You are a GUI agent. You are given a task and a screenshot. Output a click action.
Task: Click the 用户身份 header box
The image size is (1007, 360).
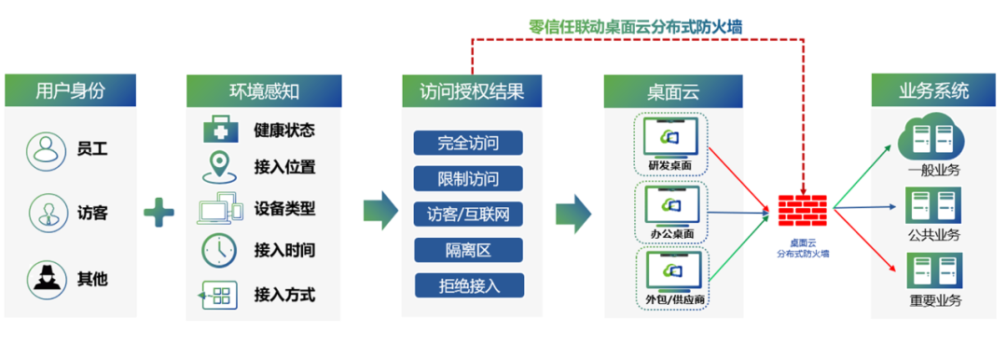tap(71, 90)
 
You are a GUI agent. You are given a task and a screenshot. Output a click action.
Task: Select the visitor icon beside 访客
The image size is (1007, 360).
tap(44, 213)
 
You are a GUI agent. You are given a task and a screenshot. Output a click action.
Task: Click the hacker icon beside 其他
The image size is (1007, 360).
tap(44, 278)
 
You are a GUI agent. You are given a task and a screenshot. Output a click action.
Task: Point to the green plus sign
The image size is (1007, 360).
tap(159, 214)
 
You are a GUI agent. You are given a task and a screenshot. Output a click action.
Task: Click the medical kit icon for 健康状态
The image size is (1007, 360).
tap(220, 131)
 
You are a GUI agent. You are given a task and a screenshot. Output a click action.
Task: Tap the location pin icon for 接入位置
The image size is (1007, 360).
tap(219, 167)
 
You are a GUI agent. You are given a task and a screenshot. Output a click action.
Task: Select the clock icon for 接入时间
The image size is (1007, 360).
tap(219, 250)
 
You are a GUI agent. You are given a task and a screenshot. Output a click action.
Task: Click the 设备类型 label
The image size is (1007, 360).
tap(284, 209)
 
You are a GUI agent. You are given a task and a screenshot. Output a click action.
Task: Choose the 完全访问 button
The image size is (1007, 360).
tap(468, 143)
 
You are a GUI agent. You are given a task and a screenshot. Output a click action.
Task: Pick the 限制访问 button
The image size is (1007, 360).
tap(468, 178)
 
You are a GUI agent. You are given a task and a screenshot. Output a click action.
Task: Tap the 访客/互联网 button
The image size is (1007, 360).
tap(468, 214)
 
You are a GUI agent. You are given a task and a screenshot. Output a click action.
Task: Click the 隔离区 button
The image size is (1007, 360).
tap(468, 250)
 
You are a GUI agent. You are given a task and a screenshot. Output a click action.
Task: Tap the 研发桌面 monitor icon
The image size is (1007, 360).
tap(671, 136)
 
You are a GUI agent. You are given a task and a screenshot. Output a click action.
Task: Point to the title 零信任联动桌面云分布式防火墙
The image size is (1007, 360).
tap(635, 26)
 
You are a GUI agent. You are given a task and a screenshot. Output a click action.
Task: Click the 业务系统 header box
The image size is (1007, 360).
tap(933, 90)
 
